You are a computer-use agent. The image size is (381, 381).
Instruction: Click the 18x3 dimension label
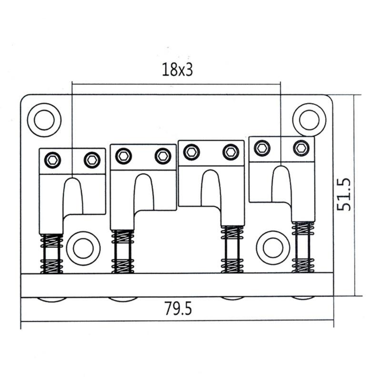pyautogui.click(x=177, y=70)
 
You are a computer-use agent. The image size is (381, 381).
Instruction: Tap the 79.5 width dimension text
pyautogui.click(x=178, y=309)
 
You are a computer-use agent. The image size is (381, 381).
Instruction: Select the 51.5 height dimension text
pyautogui.click(x=343, y=195)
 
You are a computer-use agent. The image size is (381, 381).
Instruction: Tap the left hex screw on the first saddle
pyautogui.click(x=53, y=160)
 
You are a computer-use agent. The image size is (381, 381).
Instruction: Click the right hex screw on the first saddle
pyautogui.click(x=92, y=160)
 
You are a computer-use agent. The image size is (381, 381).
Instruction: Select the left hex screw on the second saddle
pyautogui.click(x=124, y=155)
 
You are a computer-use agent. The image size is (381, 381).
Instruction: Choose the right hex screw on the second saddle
pyautogui.click(x=163, y=155)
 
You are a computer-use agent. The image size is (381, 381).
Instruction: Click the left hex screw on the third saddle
pyautogui.click(x=191, y=152)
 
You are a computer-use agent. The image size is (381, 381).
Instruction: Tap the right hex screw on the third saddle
pyautogui.click(x=231, y=152)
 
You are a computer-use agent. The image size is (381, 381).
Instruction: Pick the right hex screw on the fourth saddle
pyautogui.click(x=301, y=148)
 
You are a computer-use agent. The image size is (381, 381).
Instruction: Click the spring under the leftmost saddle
pyautogui.click(x=51, y=254)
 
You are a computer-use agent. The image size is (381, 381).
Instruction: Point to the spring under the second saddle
pyautogui.click(x=122, y=251)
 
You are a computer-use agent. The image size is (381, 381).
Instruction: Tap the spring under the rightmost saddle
pyautogui.click(x=303, y=247)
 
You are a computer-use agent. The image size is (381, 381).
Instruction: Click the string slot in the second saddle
pyautogui.click(x=143, y=193)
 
